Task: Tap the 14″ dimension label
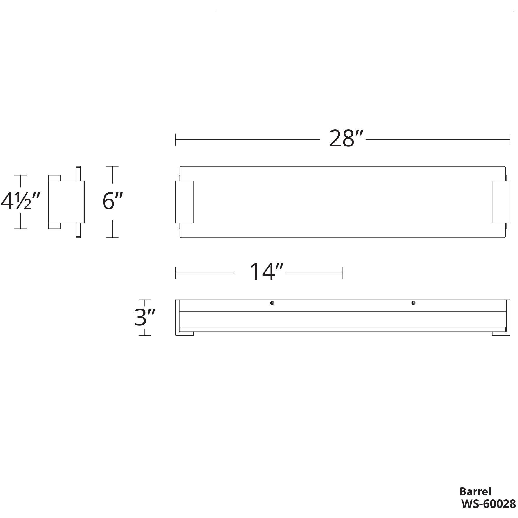pyautogui.click(x=267, y=272)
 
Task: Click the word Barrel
pyautogui.click(x=475, y=491)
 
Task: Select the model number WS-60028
pyautogui.click(x=488, y=504)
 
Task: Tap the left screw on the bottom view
pyautogui.click(x=272, y=303)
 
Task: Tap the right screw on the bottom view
pyautogui.click(x=413, y=303)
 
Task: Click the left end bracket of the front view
pyautogui.click(x=184, y=202)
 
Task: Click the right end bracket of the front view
pyautogui.click(x=501, y=202)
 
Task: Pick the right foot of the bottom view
pyautogui.click(x=501, y=333)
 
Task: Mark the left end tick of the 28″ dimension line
pyautogui.click(x=175, y=139)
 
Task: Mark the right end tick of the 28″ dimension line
pyautogui.click(x=510, y=139)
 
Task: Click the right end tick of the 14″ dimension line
pyautogui.click(x=343, y=273)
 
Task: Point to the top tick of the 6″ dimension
pyautogui.click(x=113, y=166)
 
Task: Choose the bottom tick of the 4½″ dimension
pyautogui.click(x=20, y=229)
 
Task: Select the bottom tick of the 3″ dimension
pyautogui.click(x=145, y=335)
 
